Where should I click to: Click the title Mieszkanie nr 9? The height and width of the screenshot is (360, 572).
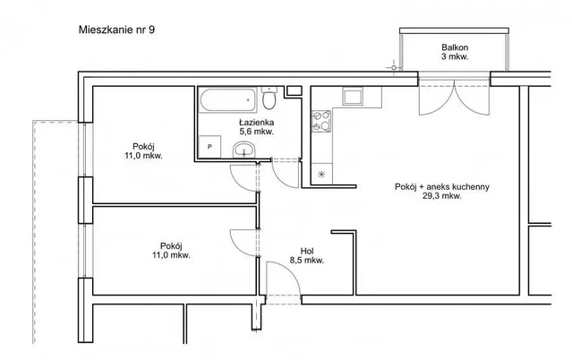click(116, 30)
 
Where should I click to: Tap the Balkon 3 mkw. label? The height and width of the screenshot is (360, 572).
click(455, 52)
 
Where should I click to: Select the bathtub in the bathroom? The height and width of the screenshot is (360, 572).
click(227, 99)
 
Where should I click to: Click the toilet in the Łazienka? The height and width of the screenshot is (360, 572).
click(269, 98)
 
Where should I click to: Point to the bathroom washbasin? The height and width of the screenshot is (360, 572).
click(244, 150)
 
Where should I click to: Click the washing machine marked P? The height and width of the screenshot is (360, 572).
click(209, 147)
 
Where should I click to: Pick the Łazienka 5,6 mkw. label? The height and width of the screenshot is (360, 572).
click(256, 127)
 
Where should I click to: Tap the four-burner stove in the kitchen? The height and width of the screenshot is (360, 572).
click(321, 121)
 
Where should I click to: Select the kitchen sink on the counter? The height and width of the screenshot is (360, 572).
click(353, 96)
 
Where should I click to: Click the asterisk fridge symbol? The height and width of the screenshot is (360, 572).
click(321, 174)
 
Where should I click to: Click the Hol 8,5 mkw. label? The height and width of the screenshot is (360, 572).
click(307, 255)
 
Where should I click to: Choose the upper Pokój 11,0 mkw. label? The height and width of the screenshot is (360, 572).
click(143, 151)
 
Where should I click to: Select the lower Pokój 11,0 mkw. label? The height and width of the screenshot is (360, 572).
click(171, 251)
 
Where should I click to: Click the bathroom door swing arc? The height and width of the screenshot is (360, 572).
click(280, 180)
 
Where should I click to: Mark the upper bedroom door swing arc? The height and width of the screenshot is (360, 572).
click(237, 183)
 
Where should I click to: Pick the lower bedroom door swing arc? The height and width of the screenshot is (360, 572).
click(237, 247)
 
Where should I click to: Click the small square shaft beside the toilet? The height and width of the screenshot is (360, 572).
click(294, 90)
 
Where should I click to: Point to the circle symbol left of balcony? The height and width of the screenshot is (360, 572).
click(393, 67)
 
